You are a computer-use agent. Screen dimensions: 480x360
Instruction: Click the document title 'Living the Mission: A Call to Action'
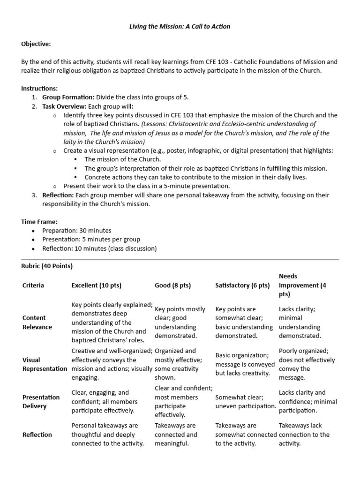[x=180, y=26]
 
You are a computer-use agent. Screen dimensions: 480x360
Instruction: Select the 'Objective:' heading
[x=36, y=44]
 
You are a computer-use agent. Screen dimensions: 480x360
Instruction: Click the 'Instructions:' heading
[x=40, y=88]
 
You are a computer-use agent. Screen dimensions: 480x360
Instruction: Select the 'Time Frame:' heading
[x=39, y=221]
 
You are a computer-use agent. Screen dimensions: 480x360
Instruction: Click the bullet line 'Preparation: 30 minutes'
[x=76, y=231]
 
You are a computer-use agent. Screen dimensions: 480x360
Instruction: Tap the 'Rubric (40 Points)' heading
[x=47, y=266]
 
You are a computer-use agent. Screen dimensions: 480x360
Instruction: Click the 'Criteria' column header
[x=33, y=285]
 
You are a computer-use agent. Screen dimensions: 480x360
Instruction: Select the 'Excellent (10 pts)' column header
[x=97, y=285]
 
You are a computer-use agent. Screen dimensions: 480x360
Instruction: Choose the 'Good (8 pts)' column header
[x=172, y=285]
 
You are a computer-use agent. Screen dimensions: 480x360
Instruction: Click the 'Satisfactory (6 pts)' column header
[x=242, y=285]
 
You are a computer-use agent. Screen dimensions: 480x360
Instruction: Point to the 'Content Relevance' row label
[x=37, y=322]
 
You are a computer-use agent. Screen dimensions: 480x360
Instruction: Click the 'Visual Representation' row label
[x=45, y=364]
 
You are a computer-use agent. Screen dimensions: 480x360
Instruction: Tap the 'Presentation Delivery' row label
[x=41, y=401]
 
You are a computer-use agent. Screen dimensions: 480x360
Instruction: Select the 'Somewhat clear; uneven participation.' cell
[x=245, y=401]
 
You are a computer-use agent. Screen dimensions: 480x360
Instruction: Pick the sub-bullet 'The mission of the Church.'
[x=122, y=159]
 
